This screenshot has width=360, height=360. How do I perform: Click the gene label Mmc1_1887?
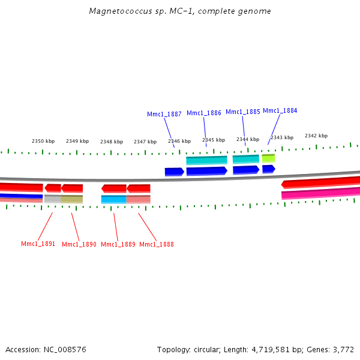pyautogui.click(x=164, y=114)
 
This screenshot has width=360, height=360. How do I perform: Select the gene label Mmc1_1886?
pyautogui.click(x=204, y=113)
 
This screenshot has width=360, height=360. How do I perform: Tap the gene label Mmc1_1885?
pyautogui.click(x=243, y=112)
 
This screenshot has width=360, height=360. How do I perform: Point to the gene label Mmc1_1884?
pyautogui.click(x=280, y=110)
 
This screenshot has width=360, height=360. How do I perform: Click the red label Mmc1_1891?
pyautogui.click(x=38, y=244)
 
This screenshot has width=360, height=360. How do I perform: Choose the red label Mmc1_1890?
pyautogui.click(x=79, y=244)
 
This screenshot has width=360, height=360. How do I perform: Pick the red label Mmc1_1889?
pyautogui.click(x=118, y=244)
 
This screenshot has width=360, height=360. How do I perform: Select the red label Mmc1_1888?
pyautogui.click(x=157, y=244)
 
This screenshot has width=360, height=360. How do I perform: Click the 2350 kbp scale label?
pyautogui.click(x=43, y=141)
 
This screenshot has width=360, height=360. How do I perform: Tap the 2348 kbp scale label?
pyautogui.click(x=112, y=142)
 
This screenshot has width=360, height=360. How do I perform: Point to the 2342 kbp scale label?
pyautogui.click(x=316, y=136)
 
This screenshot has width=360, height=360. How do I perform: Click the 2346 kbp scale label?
pyautogui.click(x=179, y=141)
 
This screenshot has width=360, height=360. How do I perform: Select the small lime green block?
pyautogui.click(x=268, y=158)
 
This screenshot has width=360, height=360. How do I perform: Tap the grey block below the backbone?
pyautogui.click(x=52, y=199)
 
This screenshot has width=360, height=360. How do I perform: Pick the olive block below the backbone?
pyautogui.click(x=72, y=199)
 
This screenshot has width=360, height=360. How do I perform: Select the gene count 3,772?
pyautogui.click(x=344, y=349)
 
